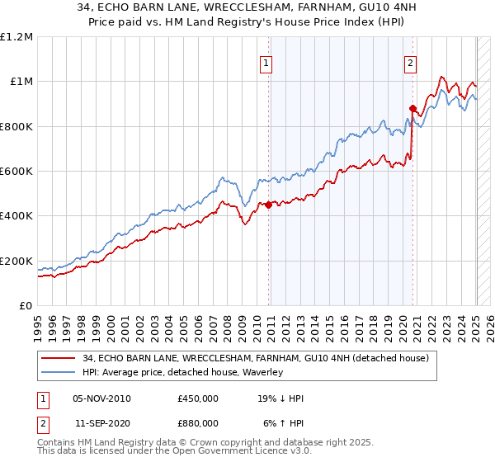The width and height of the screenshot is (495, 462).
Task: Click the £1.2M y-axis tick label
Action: pyautogui.click(x=16, y=37)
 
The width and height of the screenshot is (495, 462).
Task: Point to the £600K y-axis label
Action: pyautogui.click(x=16, y=172)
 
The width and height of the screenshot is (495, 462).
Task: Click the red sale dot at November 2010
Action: pyautogui.click(x=269, y=205)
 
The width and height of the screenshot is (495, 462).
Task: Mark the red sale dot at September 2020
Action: pyautogui.click(x=412, y=108)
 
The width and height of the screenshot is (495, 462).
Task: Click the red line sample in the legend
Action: pyautogui.click(x=59, y=359)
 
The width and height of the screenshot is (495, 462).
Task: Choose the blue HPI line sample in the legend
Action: pyautogui.click(x=59, y=372)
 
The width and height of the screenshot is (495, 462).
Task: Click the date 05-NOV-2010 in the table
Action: pyautogui.click(x=102, y=398)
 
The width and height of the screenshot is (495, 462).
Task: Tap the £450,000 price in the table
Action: pyautogui.click(x=198, y=398)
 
